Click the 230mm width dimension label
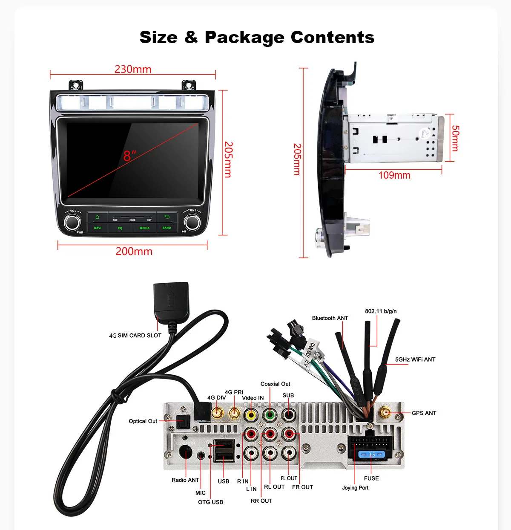click(x=133, y=69)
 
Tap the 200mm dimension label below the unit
click(x=134, y=251)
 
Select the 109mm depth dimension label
click(x=394, y=175)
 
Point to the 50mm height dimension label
click(x=455, y=138)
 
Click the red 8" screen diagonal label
click(x=129, y=156)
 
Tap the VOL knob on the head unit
click(x=73, y=222)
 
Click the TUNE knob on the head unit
click(x=192, y=222)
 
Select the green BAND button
click(x=167, y=228)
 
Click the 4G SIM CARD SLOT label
click(x=135, y=336)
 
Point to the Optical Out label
click(x=143, y=421)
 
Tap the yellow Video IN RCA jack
click(x=251, y=414)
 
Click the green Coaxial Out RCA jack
click(x=270, y=414)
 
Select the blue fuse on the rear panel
click(x=372, y=455)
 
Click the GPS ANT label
click(x=424, y=413)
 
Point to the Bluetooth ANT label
click(x=330, y=318)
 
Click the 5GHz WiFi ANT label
click(x=415, y=359)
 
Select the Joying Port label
click(x=355, y=488)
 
